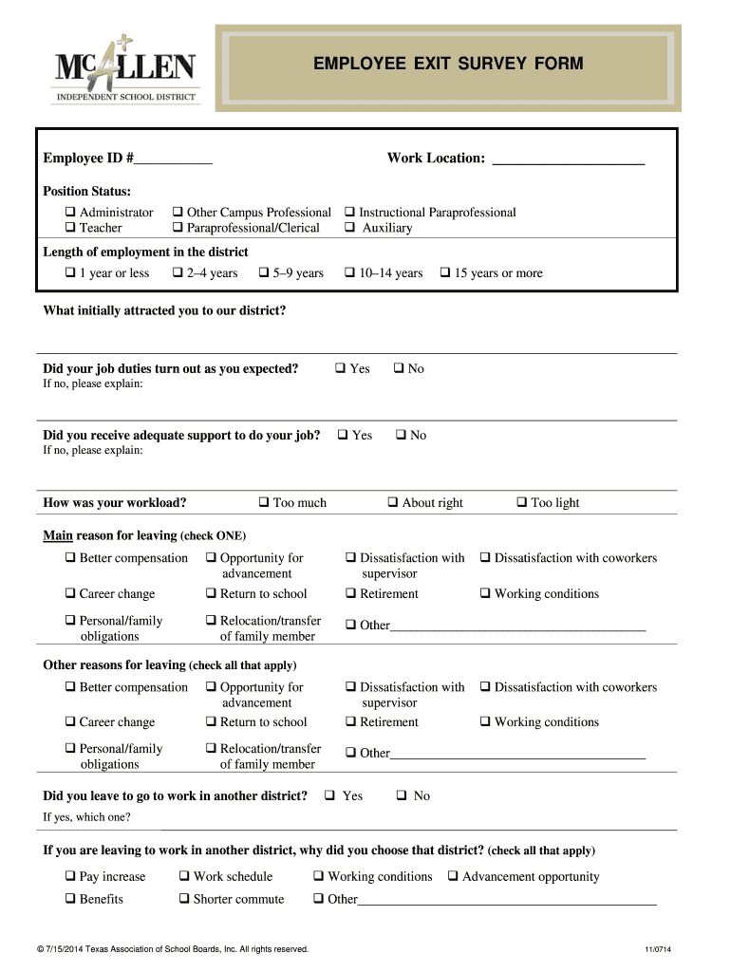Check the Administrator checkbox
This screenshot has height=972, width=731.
coord(70,213)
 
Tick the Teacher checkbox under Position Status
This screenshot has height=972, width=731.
coord(70,228)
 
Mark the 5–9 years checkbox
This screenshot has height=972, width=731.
coord(263,273)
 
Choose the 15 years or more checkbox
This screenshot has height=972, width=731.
coord(444,273)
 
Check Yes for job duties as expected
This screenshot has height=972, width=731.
coord(340,368)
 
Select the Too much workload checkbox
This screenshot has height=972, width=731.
coord(263,503)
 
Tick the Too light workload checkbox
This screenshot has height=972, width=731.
coord(521,503)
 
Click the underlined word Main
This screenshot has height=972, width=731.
coord(58,535)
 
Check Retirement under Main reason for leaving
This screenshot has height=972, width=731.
coord(350,594)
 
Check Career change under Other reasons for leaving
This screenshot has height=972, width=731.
coord(70,722)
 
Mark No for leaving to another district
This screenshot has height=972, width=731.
coord(401,795)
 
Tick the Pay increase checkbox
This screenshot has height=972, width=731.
coord(70,877)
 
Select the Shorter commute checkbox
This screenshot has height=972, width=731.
coord(184,899)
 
